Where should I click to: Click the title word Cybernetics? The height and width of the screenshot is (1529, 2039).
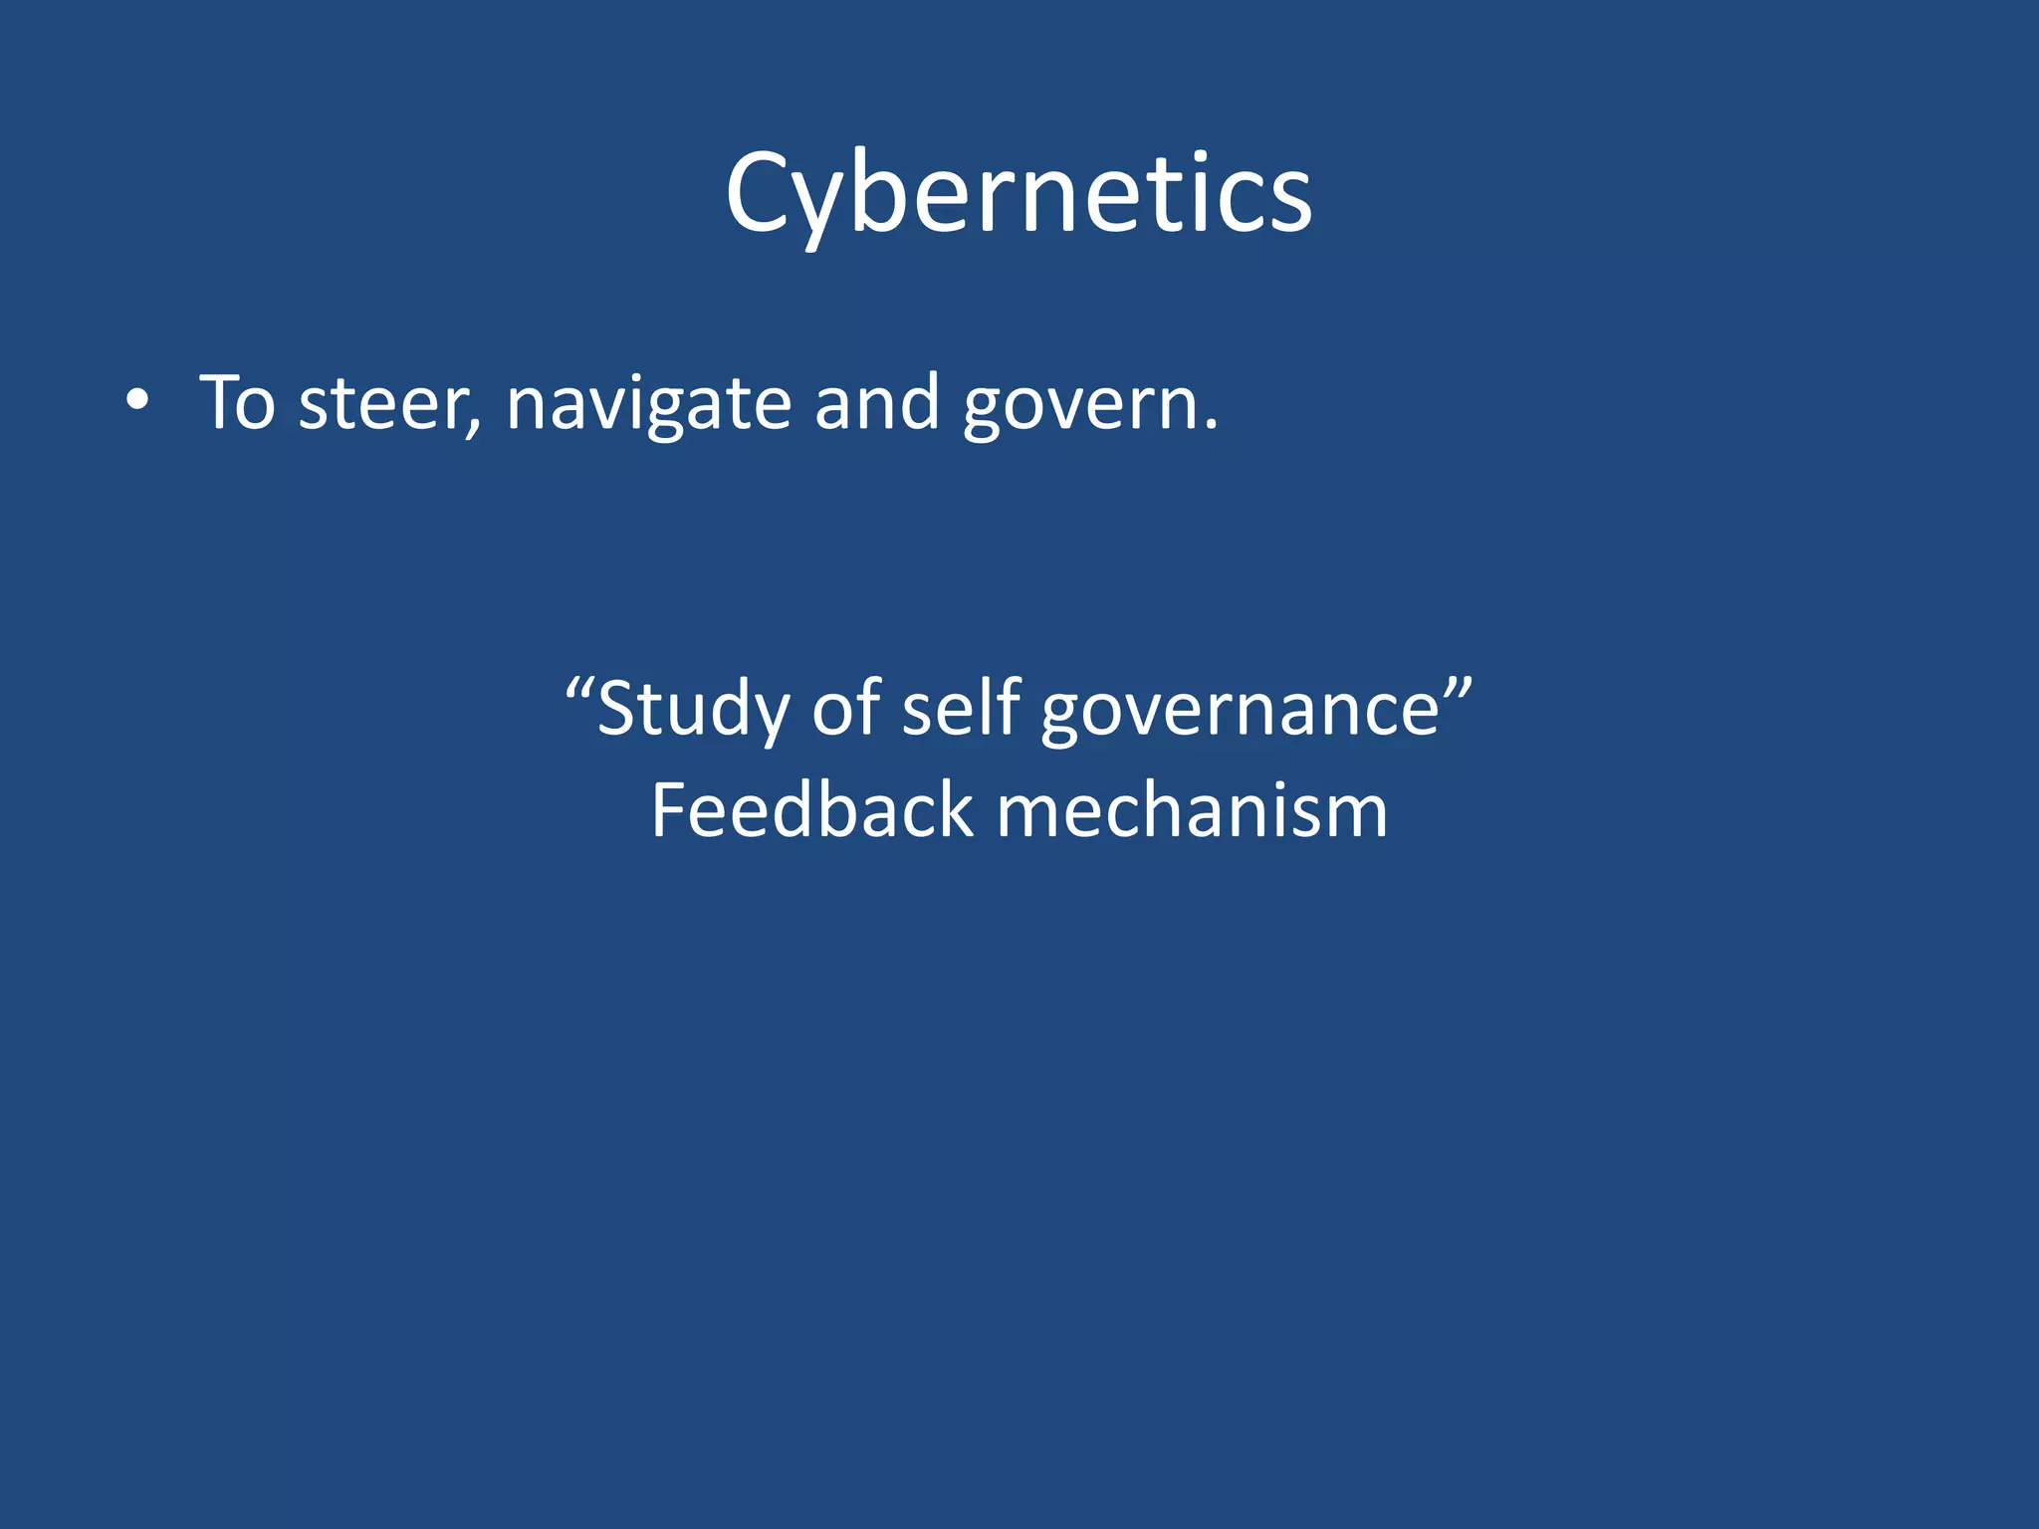1019,194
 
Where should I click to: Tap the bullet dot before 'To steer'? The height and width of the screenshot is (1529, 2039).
138,401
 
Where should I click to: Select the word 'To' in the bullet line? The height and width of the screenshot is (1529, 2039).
237,402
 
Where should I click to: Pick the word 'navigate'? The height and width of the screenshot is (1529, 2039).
649,404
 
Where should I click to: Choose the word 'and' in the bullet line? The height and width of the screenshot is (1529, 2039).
877,402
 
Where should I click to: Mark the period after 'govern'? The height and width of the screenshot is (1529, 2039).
1210,427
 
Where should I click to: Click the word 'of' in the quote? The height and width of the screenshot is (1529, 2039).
846,708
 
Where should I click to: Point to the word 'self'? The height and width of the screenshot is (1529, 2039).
961,708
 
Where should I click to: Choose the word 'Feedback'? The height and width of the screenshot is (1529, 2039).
811,810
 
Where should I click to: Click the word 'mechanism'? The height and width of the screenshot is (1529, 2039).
1192,810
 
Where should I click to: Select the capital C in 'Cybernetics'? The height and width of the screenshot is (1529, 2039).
763,194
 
